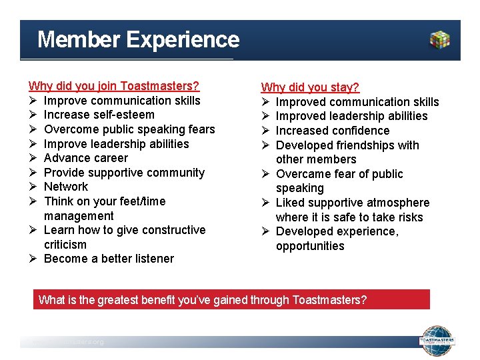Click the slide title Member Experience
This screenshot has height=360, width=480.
(x=138, y=40)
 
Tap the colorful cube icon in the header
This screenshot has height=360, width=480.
(x=440, y=40)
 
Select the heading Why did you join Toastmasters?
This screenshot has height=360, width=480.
(x=114, y=86)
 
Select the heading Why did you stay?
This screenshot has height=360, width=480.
(x=310, y=87)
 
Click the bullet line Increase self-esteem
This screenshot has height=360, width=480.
(x=99, y=115)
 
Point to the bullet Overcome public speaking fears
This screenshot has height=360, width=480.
(x=129, y=129)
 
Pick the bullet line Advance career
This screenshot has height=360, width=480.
(x=85, y=158)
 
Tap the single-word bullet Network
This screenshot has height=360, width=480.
(x=65, y=187)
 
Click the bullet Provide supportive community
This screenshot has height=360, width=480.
(x=124, y=173)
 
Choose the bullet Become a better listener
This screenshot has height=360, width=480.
(x=109, y=259)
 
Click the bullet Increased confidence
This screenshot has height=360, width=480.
(x=332, y=131)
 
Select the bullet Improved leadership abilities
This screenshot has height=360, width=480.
(x=351, y=116)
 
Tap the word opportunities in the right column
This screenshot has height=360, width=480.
(x=310, y=246)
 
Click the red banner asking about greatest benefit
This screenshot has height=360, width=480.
(x=231, y=299)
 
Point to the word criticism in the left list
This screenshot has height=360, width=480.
(x=65, y=245)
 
